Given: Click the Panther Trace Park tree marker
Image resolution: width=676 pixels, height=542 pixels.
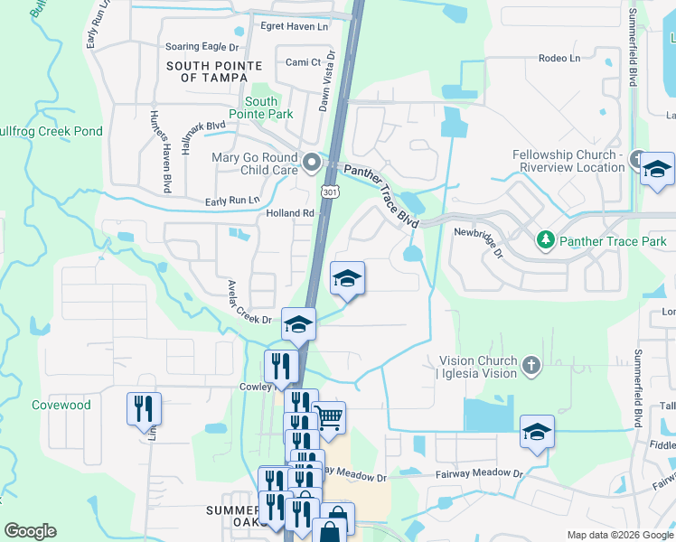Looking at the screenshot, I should pyautogui.click(x=546, y=240).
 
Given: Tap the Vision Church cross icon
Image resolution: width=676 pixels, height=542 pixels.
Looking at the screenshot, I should pyautogui.click(x=531, y=366).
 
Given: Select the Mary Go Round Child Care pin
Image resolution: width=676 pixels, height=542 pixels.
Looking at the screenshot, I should pyautogui.click(x=312, y=164).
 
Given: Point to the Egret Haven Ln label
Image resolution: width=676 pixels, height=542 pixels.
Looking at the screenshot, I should pyautogui.click(x=294, y=26).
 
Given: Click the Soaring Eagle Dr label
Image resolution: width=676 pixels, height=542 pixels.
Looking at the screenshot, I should pyautogui.click(x=202, y=46).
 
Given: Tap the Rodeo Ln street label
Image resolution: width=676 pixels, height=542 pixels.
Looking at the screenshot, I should pyautogui.click(x=559, y=58).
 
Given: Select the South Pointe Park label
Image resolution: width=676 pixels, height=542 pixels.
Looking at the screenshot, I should pyautogui.click(x=260, y=108).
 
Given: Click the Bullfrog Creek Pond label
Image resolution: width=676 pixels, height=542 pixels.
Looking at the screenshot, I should pyautogui.click(x=51, y=132).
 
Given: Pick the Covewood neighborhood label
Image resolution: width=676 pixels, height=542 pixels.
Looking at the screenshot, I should pyautogui.click(x=61, y=406).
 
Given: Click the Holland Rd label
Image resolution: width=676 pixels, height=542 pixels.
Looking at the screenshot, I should pyautogui.click(x=289, y=214).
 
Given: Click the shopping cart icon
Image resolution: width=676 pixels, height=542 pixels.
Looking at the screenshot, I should pyautogui.click(x=329, y=418).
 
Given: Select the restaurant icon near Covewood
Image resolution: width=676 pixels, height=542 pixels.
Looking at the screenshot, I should pyautogui.click(x=143, y=408).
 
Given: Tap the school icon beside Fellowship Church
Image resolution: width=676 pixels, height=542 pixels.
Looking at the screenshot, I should pyautogui.click(x=657, y=169).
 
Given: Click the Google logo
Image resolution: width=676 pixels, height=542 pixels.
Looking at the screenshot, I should pyautogui.click(x=31, y=531).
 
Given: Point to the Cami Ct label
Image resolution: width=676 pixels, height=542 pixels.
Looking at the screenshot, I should pyautogui.click(x=303, y=62).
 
